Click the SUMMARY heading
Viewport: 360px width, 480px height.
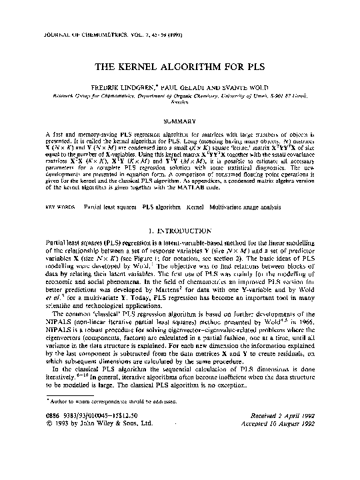(179, 121)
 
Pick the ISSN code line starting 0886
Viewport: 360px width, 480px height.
(84, 453)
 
